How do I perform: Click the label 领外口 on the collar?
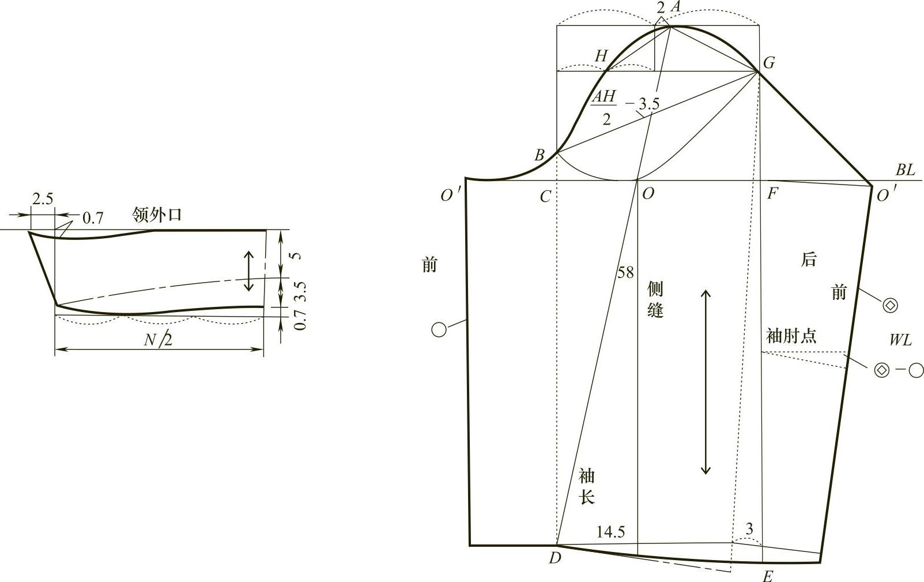point(157,215)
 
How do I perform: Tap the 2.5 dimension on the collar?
point(43,200)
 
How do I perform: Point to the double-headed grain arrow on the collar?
point(248,271)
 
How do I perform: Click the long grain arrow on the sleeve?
point(706,382)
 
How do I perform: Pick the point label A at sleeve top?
point(675,6)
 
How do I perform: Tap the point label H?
point(602,56)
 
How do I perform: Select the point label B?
point(540,155)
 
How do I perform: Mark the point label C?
point(545,197)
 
